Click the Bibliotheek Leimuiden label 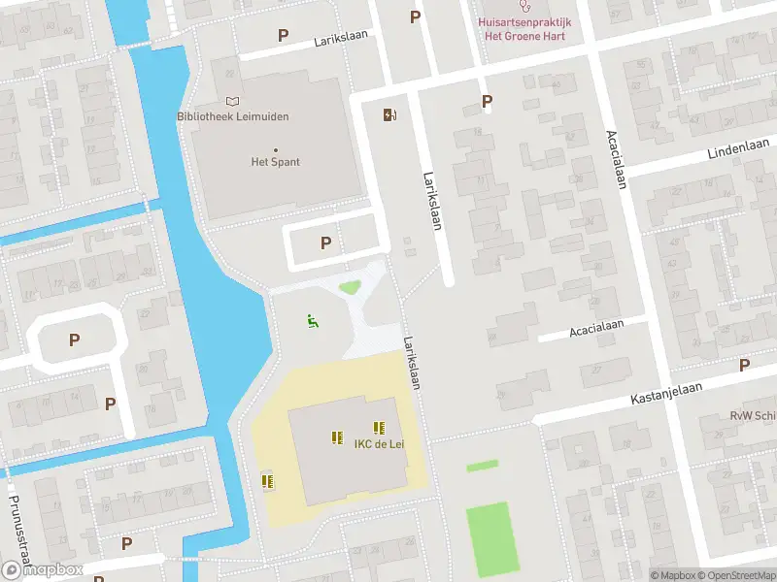click(x=233, y=116)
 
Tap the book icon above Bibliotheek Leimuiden click(x=232, y=101)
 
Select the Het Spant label click(x=276, y=162)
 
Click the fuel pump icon click(x=390, y=115)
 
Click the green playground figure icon click(x=312, y=321)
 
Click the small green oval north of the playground click(x=349, y=286)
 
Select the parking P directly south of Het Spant click(x=325, y=242)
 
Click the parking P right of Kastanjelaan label click(x=744, y=365)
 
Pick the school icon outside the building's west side click(x=267, y=480)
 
